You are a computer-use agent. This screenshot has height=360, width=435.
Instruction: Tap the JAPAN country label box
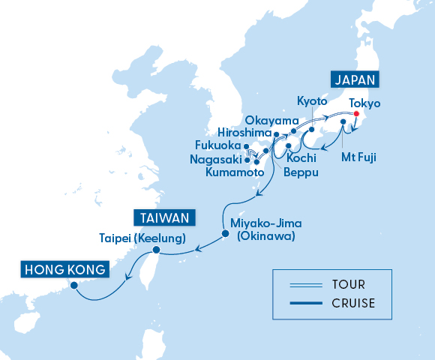(x=355, y=79)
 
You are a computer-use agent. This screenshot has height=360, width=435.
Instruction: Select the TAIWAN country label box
(x=164, y=218)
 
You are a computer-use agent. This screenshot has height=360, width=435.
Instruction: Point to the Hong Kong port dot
(x=73, y=286)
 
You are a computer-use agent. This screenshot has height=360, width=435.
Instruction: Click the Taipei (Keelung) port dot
(x=156, y=250)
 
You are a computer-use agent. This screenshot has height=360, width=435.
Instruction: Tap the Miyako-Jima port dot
(x=225, y=235)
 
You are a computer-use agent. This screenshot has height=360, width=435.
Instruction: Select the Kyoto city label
(x=312, y=100)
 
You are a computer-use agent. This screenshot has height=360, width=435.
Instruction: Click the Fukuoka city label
(x=217, y=145)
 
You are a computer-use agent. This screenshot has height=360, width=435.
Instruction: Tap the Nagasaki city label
(x=217, y=159)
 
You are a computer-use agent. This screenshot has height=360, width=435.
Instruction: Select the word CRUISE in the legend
(x=352, y=303)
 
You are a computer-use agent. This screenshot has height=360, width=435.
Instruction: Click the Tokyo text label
(x=365, y=103)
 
